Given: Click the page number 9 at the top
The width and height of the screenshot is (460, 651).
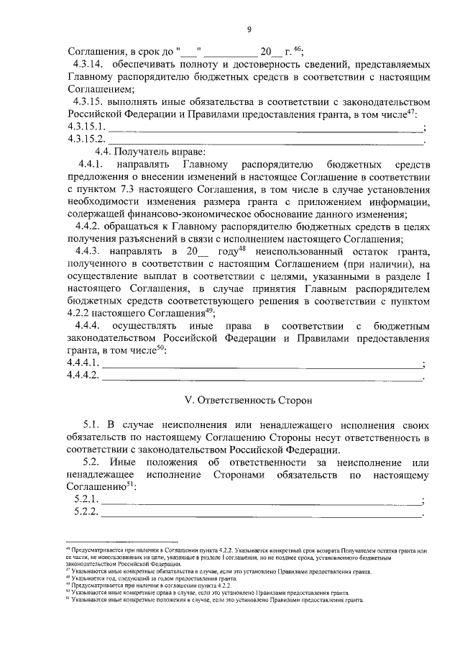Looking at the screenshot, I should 249,29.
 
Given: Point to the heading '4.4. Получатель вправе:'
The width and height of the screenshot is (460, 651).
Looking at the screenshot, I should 150,152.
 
